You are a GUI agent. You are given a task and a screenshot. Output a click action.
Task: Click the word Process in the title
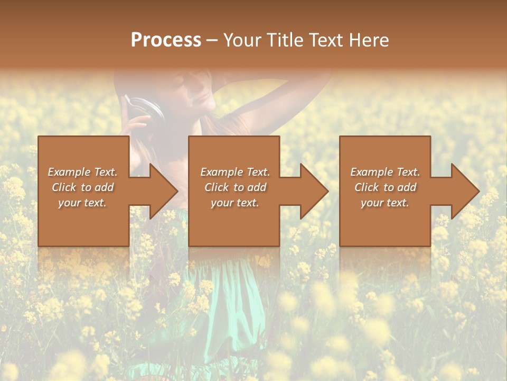(x=166, y=40)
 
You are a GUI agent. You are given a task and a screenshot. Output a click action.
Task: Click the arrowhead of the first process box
(x=162, y=191)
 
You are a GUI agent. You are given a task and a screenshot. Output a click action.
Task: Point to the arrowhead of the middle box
(x=313, y=191)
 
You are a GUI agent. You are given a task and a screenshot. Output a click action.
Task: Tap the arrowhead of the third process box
(x=464, y=191)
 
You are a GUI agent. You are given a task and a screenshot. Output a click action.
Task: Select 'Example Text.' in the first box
(x=82, y=172)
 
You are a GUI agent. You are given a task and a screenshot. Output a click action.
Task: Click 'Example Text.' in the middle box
(x=234, y=172)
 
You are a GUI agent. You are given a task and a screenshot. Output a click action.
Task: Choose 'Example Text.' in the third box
(x=385, y=172)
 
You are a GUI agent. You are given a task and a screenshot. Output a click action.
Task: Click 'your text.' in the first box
(x=82, y=203)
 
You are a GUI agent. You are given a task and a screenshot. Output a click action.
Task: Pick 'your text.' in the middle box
(x=234, y=203)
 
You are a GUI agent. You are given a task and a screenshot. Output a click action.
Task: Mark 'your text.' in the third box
(x=385, y=203)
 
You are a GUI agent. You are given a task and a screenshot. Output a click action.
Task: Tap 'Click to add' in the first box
(x=82, y=187)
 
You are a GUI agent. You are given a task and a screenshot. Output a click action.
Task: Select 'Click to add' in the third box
(x=385, y=187)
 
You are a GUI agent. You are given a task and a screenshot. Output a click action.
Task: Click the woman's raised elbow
(x=317, y=79)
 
